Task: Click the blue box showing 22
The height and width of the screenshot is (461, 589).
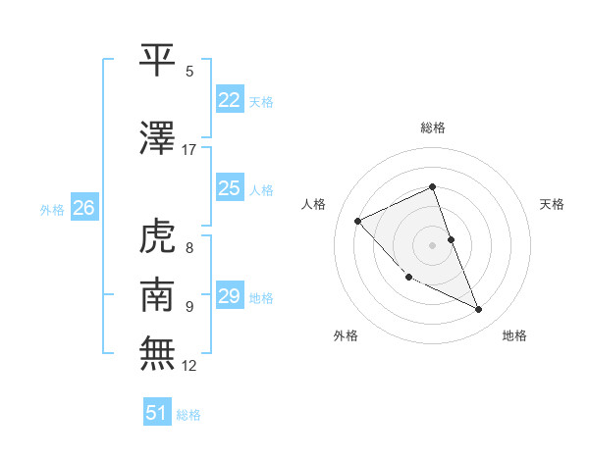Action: (230, 100)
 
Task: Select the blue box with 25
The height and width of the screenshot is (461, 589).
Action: (230, 188)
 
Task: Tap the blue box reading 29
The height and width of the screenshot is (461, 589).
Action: (230, 295)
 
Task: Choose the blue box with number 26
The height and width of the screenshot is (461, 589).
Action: (83, 208)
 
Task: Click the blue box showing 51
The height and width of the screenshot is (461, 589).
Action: (157, 413)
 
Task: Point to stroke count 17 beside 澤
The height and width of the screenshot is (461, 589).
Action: (189, 150)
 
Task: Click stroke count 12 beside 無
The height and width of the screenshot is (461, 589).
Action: (189, 366)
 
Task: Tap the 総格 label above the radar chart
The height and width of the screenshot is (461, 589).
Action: (433, 128)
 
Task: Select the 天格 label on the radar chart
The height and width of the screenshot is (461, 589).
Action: (553, 204)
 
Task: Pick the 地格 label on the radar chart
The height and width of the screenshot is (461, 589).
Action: (514, 335)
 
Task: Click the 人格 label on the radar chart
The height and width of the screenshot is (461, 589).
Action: (313, 204)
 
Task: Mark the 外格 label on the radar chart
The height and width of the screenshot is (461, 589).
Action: (346, 335)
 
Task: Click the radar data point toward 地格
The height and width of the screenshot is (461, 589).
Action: (479, 309)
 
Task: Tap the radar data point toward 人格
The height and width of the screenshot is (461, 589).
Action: (358, 221)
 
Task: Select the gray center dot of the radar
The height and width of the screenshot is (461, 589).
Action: (433, 244)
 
